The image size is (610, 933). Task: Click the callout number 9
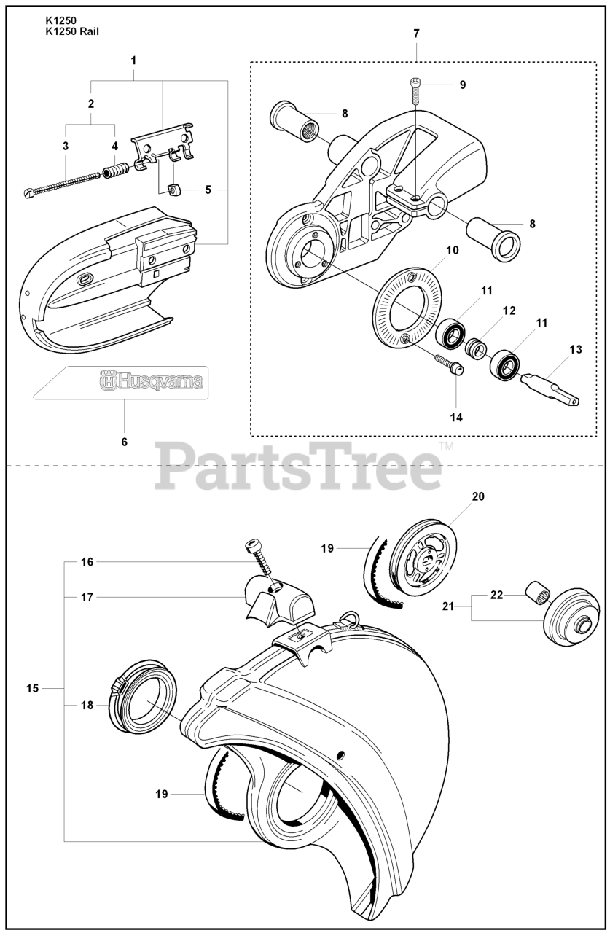pos(462,85)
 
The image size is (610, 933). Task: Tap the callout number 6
pos(124,442)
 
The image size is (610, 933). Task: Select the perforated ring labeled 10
pos(409,307)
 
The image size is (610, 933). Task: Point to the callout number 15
pos(33,687)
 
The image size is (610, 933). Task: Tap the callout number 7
pos(416,34)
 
